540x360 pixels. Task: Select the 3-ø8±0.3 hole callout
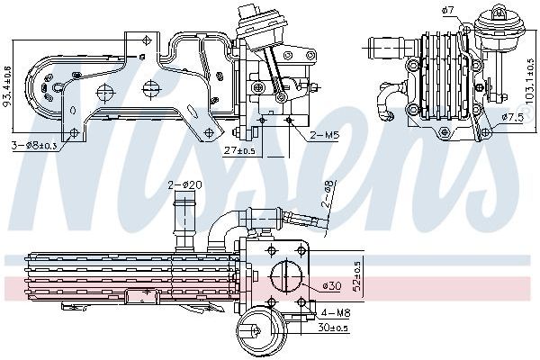pos(35,145)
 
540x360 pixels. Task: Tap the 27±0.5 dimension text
pos(239,149)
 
